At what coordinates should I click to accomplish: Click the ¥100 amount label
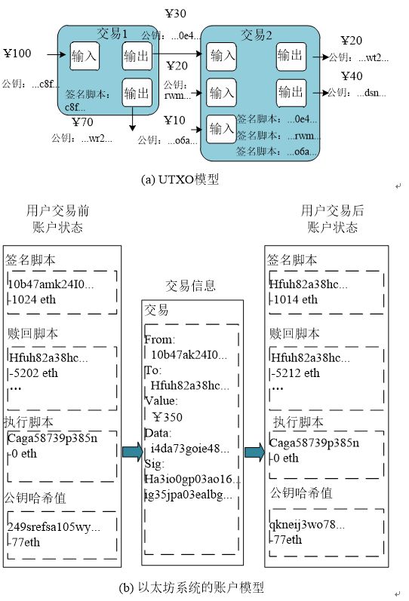click(x=17, y=53)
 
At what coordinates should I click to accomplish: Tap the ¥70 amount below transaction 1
click(x=83, y=122)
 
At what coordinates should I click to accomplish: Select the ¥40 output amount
click(x=352, y=76)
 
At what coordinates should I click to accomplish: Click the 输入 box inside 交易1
click(x=85, y=57)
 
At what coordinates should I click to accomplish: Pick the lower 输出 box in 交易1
click(x=137, y=93)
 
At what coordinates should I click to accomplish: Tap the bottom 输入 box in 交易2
click(x=221, y=129)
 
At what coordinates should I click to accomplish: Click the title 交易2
click(x=257, y=35)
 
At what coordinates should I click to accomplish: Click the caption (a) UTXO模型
click(x=180, y=179)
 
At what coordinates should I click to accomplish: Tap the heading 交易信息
click(x=191, y=286)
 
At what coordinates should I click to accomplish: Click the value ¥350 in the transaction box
click(x=168, y=417)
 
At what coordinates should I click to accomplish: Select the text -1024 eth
click(x=33, y=299)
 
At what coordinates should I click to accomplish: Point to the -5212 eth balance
click(x=297, y=373)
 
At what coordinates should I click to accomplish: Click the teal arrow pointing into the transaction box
click(x=132, y=452)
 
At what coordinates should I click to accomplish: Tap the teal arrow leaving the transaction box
click(x=254, y=452)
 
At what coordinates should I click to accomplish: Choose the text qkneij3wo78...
click(x=307, y=524)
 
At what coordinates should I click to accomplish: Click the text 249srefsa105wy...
click(x=54, y=527)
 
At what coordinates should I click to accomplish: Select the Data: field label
click(x=158, y=433)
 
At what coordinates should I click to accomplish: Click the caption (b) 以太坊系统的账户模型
click(x=192, y=587)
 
